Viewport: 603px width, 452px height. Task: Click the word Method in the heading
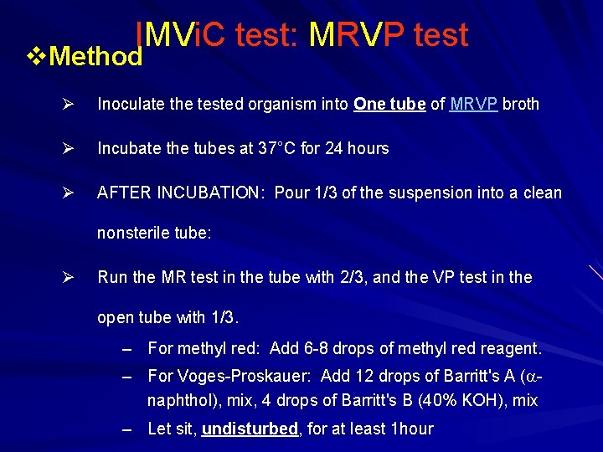point(96,57)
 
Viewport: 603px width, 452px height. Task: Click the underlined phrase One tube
point(390,105)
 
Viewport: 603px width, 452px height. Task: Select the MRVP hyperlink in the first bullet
point(474,105)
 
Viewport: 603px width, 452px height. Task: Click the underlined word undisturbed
point(250,429)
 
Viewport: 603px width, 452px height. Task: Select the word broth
point(521,105)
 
